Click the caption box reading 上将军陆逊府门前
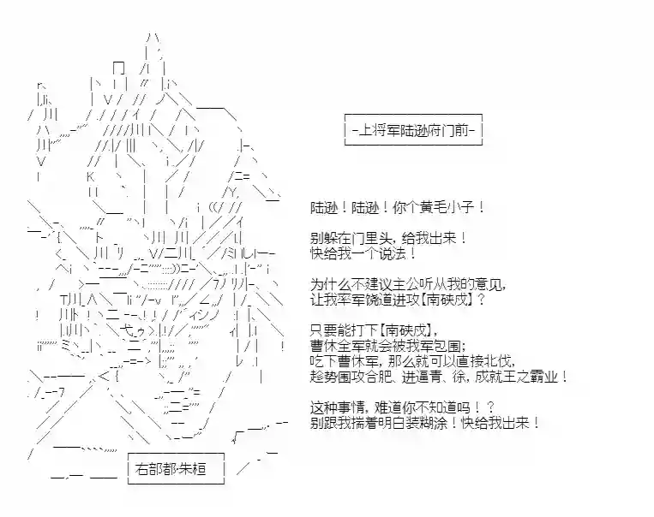413,129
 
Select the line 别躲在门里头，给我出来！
389,239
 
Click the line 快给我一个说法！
363,253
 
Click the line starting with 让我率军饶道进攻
398,300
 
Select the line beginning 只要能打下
374,330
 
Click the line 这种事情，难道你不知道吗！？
403,407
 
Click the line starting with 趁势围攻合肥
439,377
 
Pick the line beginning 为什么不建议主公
408,284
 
